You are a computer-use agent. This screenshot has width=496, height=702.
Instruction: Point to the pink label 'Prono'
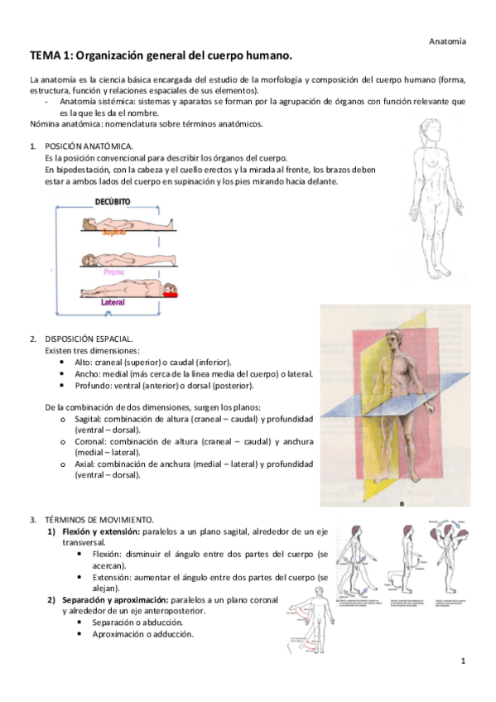[x=113, y=271]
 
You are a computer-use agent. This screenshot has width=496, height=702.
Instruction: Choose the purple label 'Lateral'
[x=113, y=302]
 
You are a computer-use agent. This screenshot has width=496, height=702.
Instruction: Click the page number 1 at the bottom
[x=464, y=661]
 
